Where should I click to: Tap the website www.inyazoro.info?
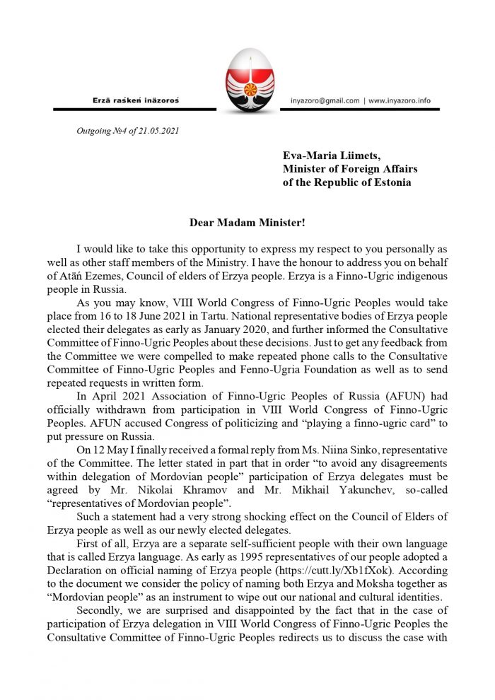tap(401, 101)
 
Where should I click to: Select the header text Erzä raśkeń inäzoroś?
tap(136, 101)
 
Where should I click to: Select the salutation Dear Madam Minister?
tap(247, 222)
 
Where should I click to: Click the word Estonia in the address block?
tap(389, 182)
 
